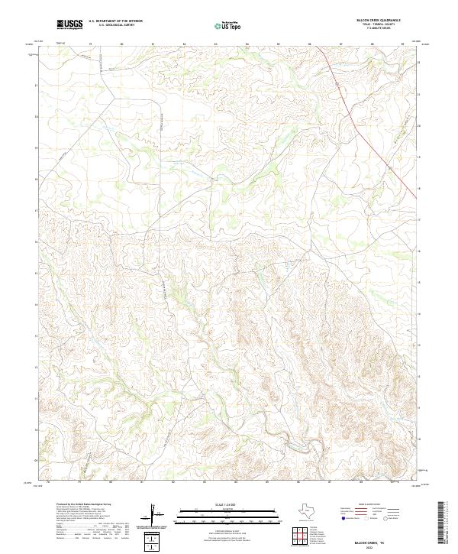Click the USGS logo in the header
(x=69, y=24)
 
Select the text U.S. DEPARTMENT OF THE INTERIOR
(x=115, y=21)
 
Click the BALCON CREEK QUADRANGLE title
(x=378, y=20)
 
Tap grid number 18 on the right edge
(x=419, y=186)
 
